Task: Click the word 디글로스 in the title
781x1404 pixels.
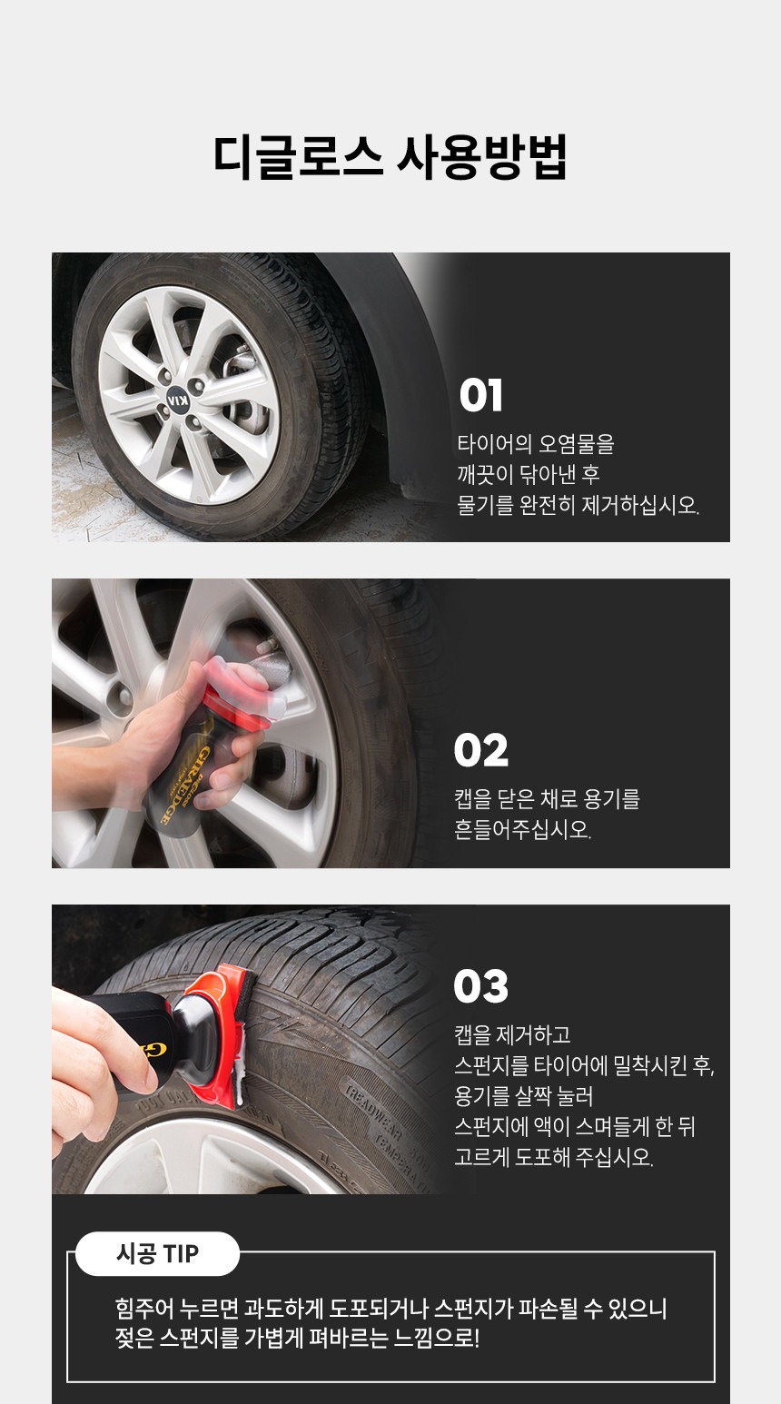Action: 298,157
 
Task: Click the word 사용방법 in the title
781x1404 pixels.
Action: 482,157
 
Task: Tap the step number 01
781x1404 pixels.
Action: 480,396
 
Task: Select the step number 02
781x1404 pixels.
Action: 480,749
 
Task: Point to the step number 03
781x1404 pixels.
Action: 480,986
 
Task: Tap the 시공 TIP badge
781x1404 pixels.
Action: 157,1253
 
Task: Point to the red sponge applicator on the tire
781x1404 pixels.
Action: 220,1035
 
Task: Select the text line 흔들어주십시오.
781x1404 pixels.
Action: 523,829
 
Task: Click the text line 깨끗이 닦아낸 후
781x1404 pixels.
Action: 529,474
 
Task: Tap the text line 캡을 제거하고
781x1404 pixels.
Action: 513,1034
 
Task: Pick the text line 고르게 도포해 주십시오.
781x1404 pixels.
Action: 553,1157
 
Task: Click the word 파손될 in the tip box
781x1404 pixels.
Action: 541,1308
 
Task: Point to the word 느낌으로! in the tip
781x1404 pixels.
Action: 436,1339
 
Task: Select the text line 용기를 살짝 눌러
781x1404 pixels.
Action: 523,1095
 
